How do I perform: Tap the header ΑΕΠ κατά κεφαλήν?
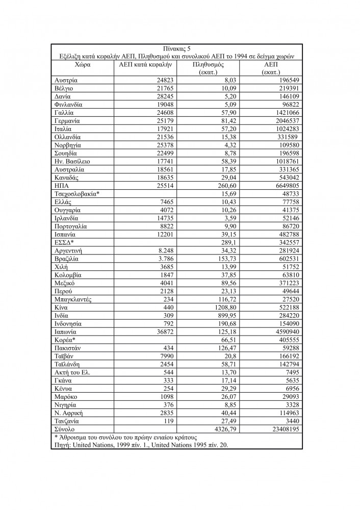pyautogui.click(x=146, y=65)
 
